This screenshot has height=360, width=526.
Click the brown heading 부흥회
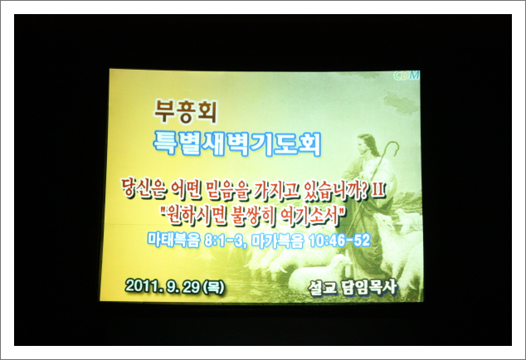[x=186, y=112]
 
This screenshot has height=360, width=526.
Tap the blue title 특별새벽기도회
[x=237, y=144]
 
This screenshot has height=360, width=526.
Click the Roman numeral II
[x=378, y=190]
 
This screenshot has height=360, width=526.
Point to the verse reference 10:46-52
[x=339, y=241]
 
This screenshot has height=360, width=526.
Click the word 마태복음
[x=173, y=241]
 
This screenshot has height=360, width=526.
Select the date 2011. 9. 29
[x=163, y=286]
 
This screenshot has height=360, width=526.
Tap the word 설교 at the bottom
[x=323, y=289]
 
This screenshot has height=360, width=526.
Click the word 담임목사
[x=369, y=288]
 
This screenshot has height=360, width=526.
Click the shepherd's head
[x=367, y=144]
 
